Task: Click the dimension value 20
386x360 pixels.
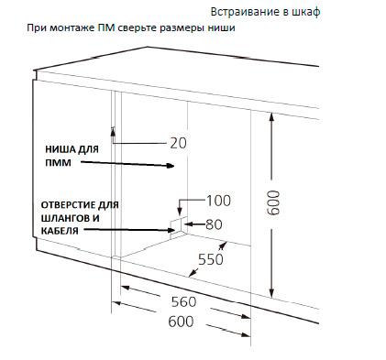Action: coord(178,143)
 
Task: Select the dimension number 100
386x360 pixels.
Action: coord(219,201)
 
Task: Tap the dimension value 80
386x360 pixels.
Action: coord(214,224)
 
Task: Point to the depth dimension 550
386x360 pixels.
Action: coord(211,259)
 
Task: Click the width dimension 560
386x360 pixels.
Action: coord(183,301)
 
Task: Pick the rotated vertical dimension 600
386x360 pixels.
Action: coord(273,202)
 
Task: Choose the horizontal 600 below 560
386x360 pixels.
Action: coord(181,322)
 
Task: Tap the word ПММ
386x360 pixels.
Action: coord(58,163)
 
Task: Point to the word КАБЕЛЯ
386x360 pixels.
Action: coord(60,231)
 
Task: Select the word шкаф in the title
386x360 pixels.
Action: coord(306,12)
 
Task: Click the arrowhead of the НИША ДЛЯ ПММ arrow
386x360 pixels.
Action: coord(171,166)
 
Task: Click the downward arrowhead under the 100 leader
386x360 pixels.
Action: coord(180,213)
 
